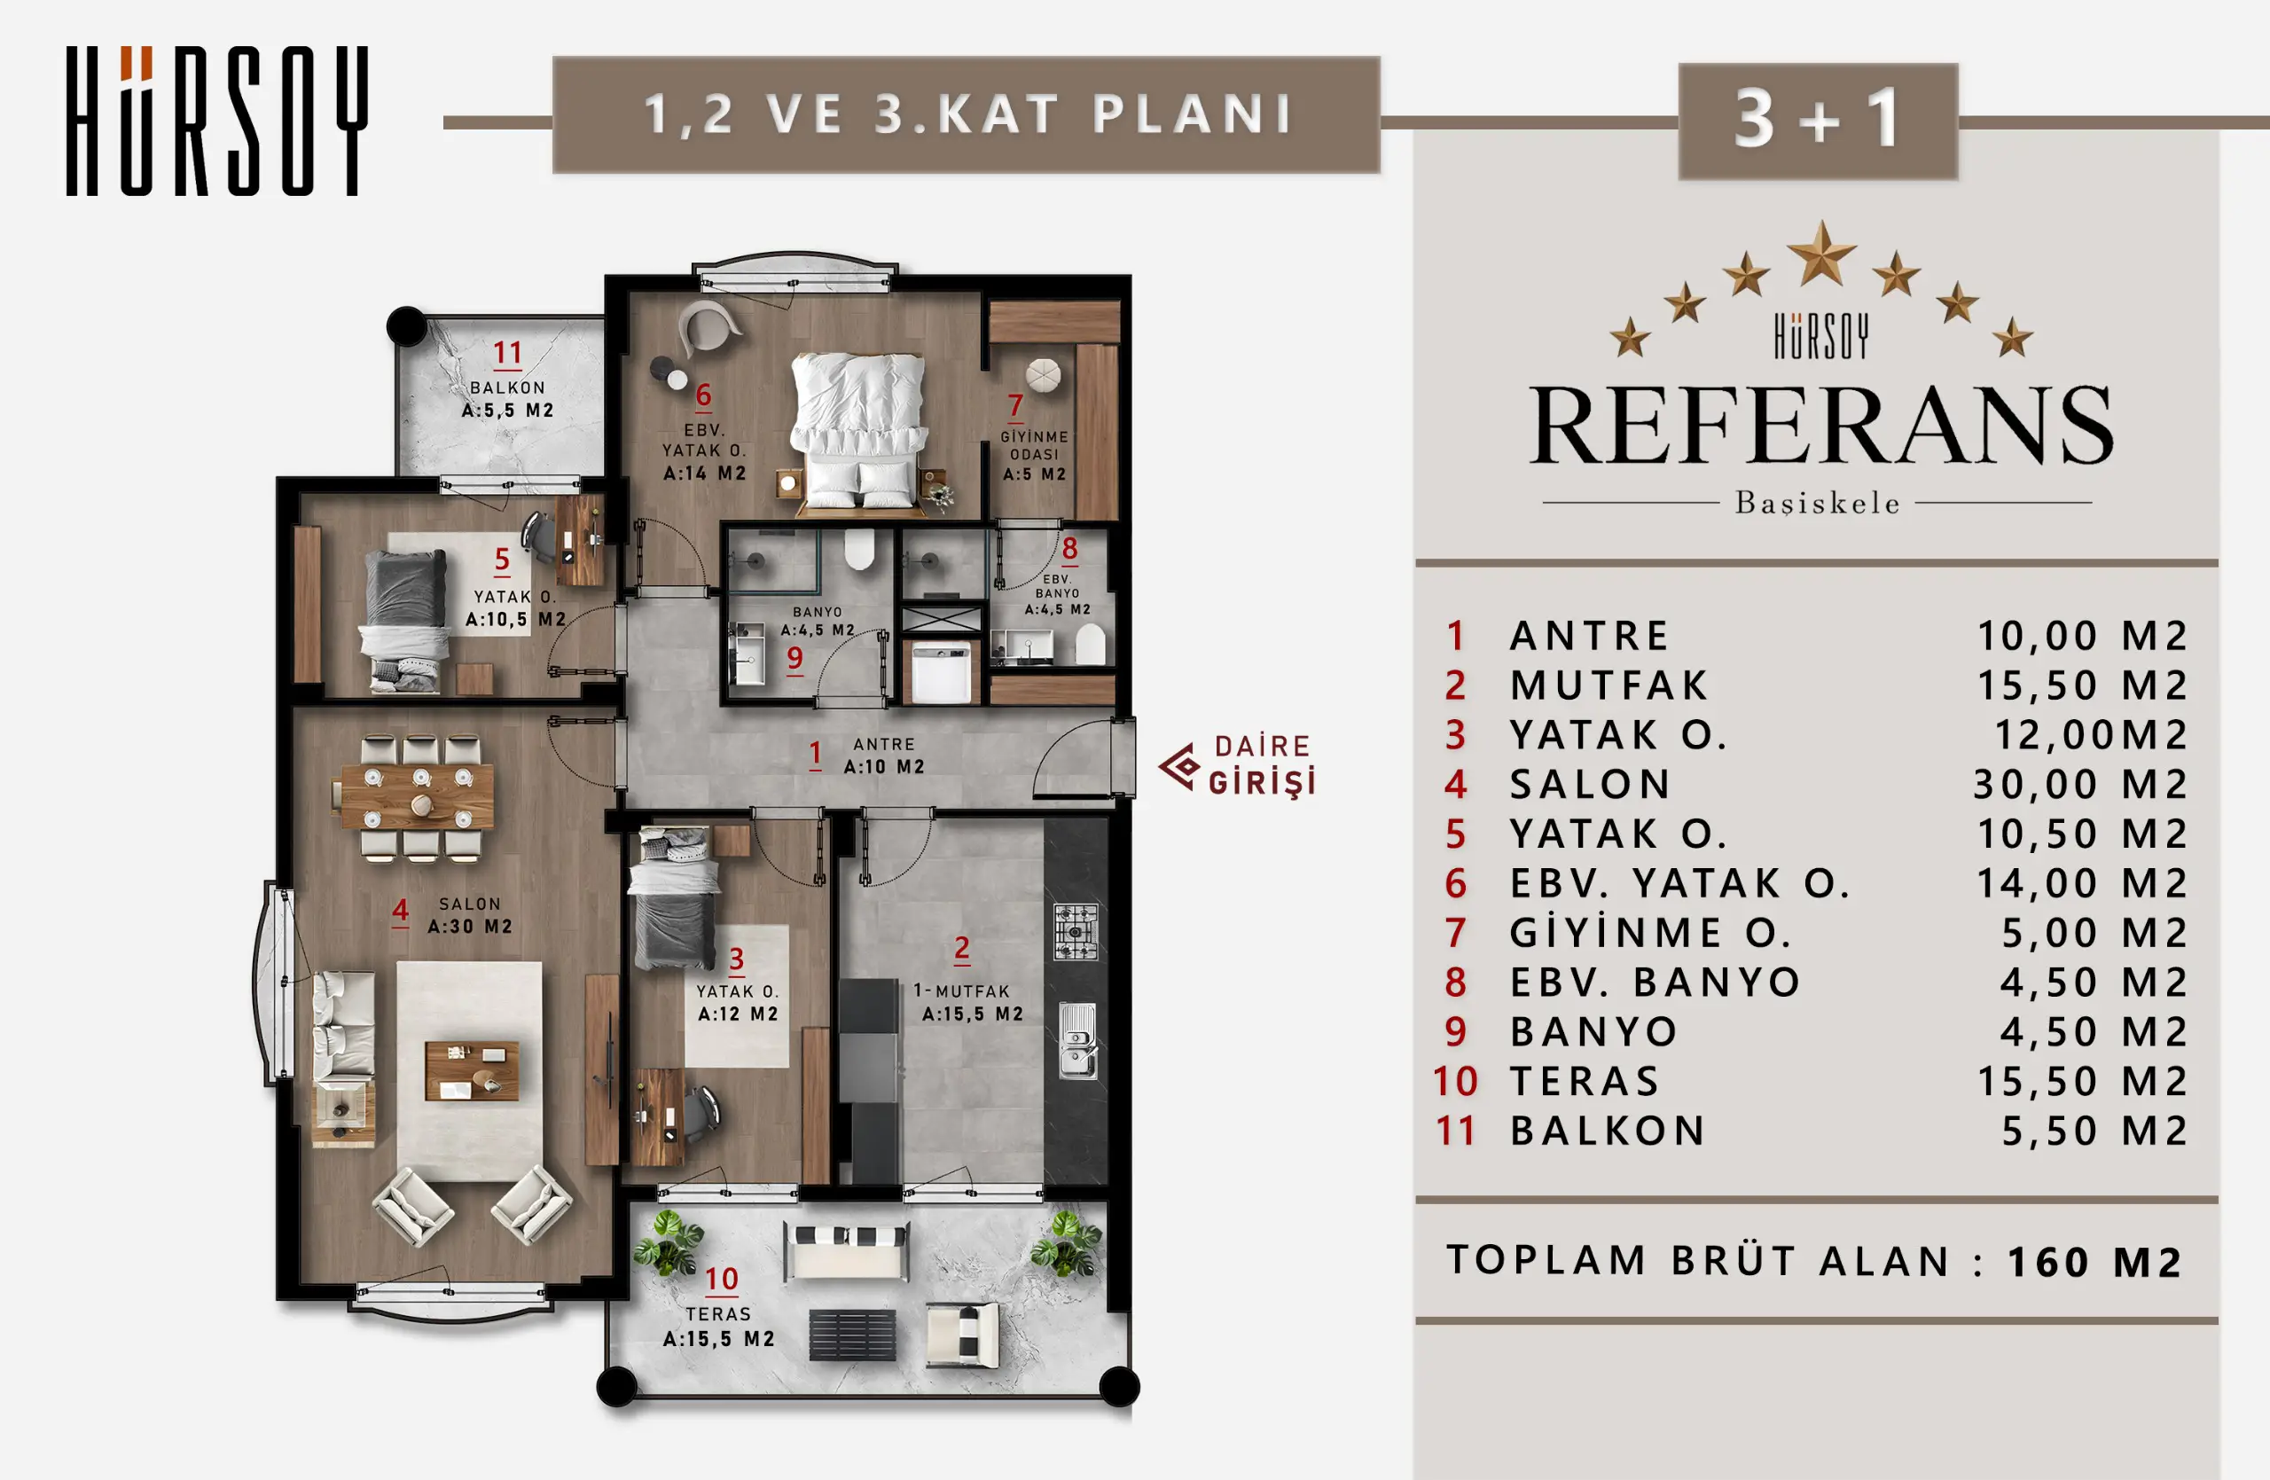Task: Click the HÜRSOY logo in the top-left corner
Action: coord(216,121)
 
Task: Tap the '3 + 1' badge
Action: coord(1818,121)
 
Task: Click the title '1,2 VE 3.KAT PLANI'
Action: coord(967,114)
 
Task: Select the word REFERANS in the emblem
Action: coord(1820,426)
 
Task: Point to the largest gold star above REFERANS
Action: coord(1821,254)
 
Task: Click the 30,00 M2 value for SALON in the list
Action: coord(2079,785)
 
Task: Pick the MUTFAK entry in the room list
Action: coord(1609,685)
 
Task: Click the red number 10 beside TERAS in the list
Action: coord(1455,1081)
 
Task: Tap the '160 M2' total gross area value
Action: coord(2094,1263)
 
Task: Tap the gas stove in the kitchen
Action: coord(1076,932)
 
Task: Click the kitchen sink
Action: coord(1077,1041)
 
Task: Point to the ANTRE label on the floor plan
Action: coord(884,744)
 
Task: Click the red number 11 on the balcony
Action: coord(507,354)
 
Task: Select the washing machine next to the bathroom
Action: coord(942,673)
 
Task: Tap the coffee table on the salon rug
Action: coord(471,1070)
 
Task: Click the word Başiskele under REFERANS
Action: coord(1817,504)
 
